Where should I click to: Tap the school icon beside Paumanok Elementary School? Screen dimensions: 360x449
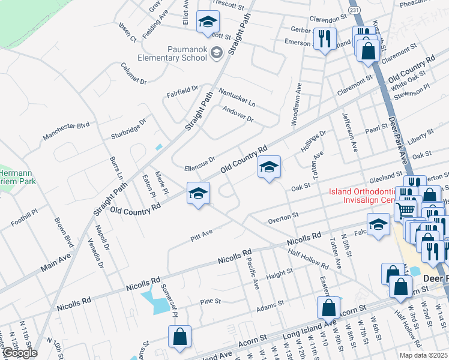point(217,54)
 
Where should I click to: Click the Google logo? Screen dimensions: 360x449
point(20,353)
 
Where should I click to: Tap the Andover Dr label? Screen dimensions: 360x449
point(238,114)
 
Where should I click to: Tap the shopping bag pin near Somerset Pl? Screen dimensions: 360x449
point(179,337)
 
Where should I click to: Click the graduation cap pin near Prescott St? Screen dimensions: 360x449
point(208,22)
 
